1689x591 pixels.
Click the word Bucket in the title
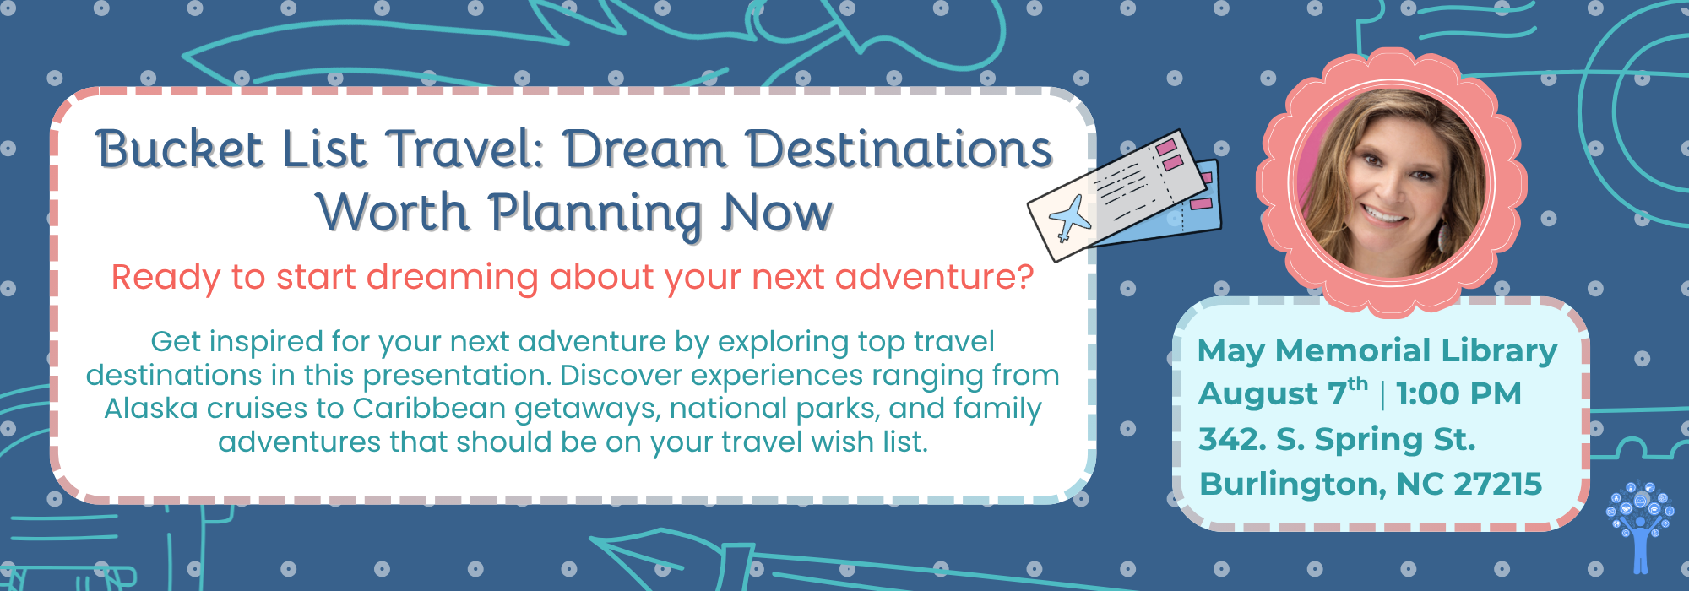click(x=180, y=150)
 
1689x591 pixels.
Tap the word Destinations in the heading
click(x=899, y=150)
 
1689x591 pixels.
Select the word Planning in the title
click(x=595, y=214)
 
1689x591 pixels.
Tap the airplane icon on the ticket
click(x=1071, y=218)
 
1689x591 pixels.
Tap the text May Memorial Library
click(x=1377, y=350)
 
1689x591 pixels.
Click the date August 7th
click(x=1283, y=393)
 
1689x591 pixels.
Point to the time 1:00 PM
click(x=1458, y=393)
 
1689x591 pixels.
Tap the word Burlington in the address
click(x=1294, y=485)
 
